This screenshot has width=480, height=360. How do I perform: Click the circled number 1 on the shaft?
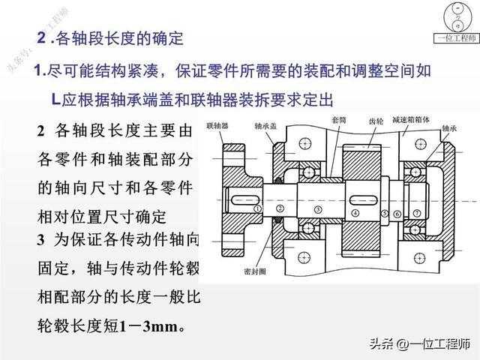coord(258,208)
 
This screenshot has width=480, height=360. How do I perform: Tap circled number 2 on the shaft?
coord(279,208)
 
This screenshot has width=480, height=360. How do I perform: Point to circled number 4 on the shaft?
coord(355,213)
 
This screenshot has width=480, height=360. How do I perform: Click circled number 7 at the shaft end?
coord(416,213)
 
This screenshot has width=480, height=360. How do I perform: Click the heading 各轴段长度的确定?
coord(120,37)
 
